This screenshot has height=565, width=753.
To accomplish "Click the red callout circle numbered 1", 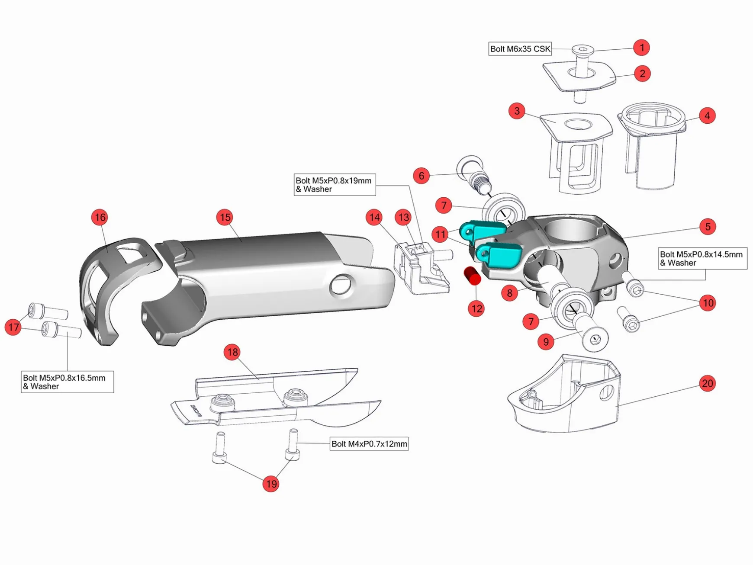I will tap(642, 47).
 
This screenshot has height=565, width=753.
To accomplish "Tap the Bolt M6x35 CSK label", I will tap(520, 49).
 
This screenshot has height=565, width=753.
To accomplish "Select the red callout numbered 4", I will tap(707, 116).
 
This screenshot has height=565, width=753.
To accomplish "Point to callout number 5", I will tap(708, 226).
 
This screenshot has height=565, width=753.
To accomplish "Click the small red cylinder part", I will tap(472, 275).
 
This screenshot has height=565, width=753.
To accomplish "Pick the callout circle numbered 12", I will tap(476, 308).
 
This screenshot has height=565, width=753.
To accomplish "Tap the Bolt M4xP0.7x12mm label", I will tap(369, 444).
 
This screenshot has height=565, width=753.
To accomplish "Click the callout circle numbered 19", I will tap(271, 484).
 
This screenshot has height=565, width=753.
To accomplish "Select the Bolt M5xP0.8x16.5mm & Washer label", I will tap(67, 382).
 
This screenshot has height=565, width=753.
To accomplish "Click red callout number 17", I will tap(13, 327).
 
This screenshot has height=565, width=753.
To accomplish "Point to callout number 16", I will tap(100, 217).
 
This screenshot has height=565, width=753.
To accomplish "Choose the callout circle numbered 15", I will tap(225, 217).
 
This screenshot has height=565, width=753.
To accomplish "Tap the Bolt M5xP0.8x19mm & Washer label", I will tap(334, 185).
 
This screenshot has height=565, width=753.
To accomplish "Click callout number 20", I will tap(707, 383).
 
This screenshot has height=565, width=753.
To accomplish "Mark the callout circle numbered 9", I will tap(546, 342).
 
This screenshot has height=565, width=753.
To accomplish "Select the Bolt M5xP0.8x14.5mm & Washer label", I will tap(702, 258).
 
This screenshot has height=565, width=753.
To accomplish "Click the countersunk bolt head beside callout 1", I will tap(582, 50).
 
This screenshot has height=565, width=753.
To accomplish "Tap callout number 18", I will tap(232, 352).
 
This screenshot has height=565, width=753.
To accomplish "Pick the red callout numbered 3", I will tap(517, 111).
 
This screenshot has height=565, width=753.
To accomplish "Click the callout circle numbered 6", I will tap(421, 176).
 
